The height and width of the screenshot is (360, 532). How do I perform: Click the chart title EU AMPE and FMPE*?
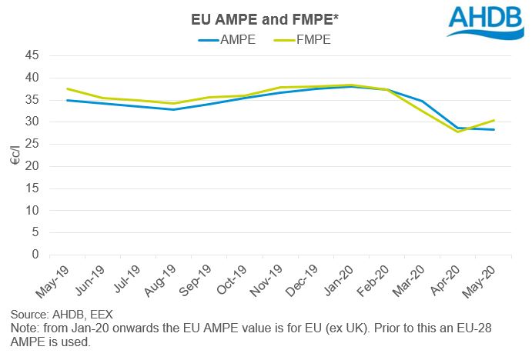point(266,18)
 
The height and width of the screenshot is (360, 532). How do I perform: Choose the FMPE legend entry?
point(306,38)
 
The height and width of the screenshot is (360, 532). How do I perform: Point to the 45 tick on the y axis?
point(32,55)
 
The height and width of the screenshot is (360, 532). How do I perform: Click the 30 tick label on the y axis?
point(32,122)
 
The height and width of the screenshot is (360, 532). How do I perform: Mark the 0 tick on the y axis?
point(35,255)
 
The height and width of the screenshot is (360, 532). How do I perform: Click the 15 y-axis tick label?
point(32,188)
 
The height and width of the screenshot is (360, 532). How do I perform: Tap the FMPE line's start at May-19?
point(67,88)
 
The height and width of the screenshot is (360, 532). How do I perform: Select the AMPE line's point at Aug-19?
point(173,109)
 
